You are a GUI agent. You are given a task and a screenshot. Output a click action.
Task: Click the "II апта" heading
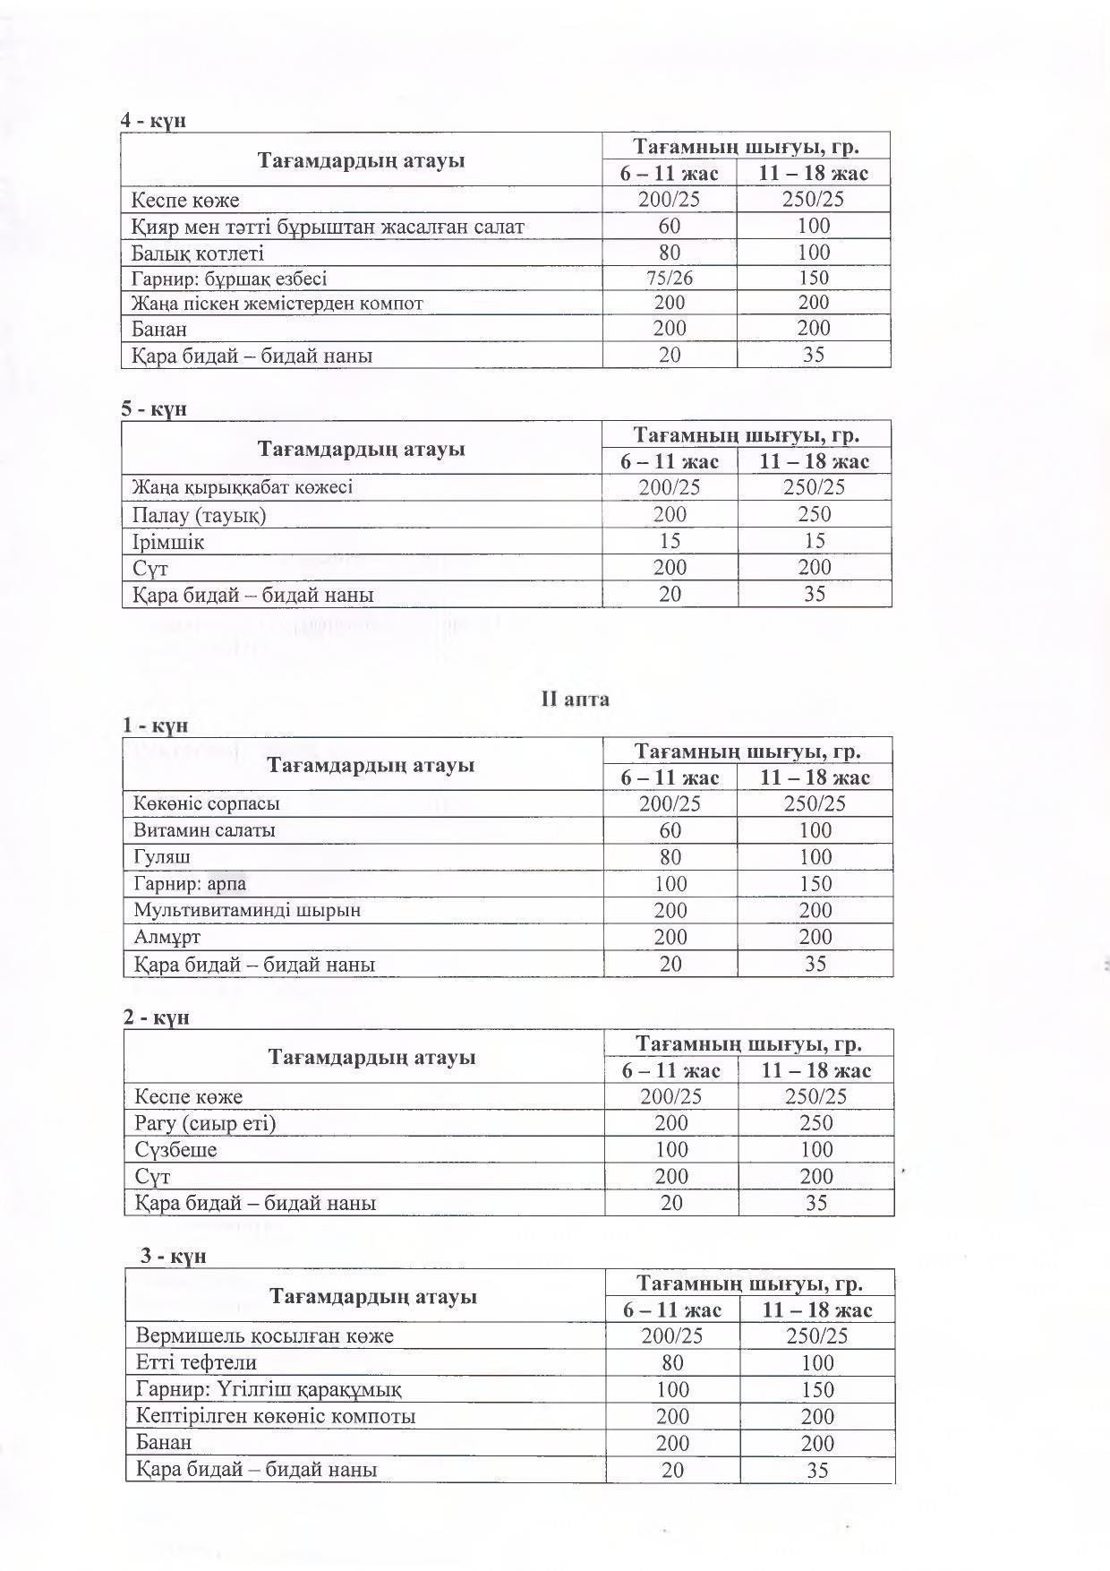575,700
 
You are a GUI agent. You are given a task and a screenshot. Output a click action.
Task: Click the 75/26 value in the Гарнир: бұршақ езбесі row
669,278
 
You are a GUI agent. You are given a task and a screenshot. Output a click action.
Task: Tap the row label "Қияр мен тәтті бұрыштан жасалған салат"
328,227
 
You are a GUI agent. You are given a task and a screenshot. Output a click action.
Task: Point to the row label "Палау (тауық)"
200,515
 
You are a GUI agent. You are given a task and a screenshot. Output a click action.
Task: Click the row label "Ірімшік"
168,542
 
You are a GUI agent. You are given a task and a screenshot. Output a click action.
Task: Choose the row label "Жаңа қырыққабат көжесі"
243,487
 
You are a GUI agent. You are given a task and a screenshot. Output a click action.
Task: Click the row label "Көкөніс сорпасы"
207,803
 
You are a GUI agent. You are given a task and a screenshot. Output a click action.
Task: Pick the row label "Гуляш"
162,857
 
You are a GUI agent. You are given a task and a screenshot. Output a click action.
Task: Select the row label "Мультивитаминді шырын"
247,910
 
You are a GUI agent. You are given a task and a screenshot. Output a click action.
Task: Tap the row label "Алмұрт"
167,937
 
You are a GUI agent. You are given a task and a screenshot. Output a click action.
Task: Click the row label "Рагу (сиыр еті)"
205,1123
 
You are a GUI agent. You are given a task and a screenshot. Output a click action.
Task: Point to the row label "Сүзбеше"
175,1149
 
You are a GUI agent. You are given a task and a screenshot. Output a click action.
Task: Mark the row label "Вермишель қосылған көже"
265,1335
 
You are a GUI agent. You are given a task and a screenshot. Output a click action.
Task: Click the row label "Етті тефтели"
196,1362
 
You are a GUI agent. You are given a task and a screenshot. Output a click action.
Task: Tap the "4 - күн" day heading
154,120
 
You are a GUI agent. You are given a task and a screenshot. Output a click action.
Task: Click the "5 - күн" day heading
154,408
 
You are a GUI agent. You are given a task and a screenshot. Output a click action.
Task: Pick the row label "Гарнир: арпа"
190,884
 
